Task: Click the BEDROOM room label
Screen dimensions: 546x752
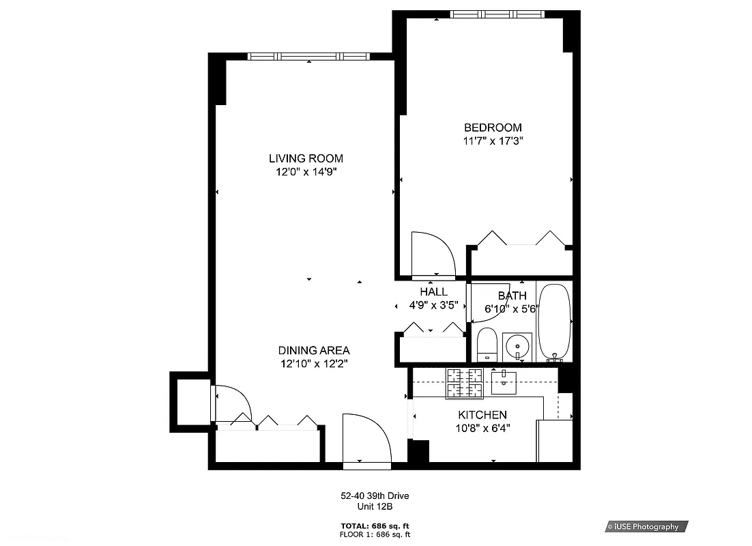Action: (493, 128)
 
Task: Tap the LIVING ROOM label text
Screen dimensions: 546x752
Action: (306, 158)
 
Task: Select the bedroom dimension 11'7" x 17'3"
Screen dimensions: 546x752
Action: (493, 141)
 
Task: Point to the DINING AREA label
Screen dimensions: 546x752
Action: (314, 351)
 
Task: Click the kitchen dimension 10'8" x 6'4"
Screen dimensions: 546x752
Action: (482, 428)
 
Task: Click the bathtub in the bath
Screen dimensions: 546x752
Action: (554, 322)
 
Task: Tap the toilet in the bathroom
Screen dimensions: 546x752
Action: (487, 344)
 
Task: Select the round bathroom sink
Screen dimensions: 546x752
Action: (518, 347)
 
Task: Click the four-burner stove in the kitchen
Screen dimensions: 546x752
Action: (464, 383)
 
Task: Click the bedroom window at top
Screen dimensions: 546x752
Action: (497, 14)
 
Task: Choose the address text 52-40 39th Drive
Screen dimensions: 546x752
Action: (375, 496)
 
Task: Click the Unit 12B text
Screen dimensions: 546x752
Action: (375, 506)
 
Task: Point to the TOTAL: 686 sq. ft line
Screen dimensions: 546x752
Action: (375, 526)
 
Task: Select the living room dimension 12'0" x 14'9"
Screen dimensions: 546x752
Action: (306, 172)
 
